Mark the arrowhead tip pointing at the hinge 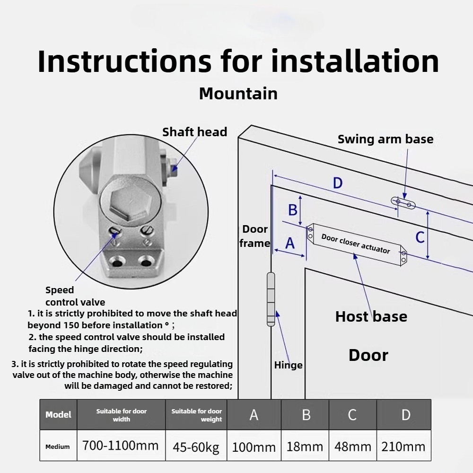(277, 311)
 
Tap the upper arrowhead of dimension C (428, 211)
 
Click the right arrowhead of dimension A (305, 256)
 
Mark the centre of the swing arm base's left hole (398, 201)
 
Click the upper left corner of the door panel (305, 269)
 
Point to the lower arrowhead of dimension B (300, 225)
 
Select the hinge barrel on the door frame (271, 299)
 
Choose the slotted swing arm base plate (403, 203)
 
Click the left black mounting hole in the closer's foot (117, 262)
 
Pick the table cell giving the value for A (254, 446)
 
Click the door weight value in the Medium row (196, 447)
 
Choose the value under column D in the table (403, 447)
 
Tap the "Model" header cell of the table (58, 414)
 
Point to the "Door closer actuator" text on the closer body (356, 244)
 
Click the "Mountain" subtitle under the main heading (238, 94)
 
